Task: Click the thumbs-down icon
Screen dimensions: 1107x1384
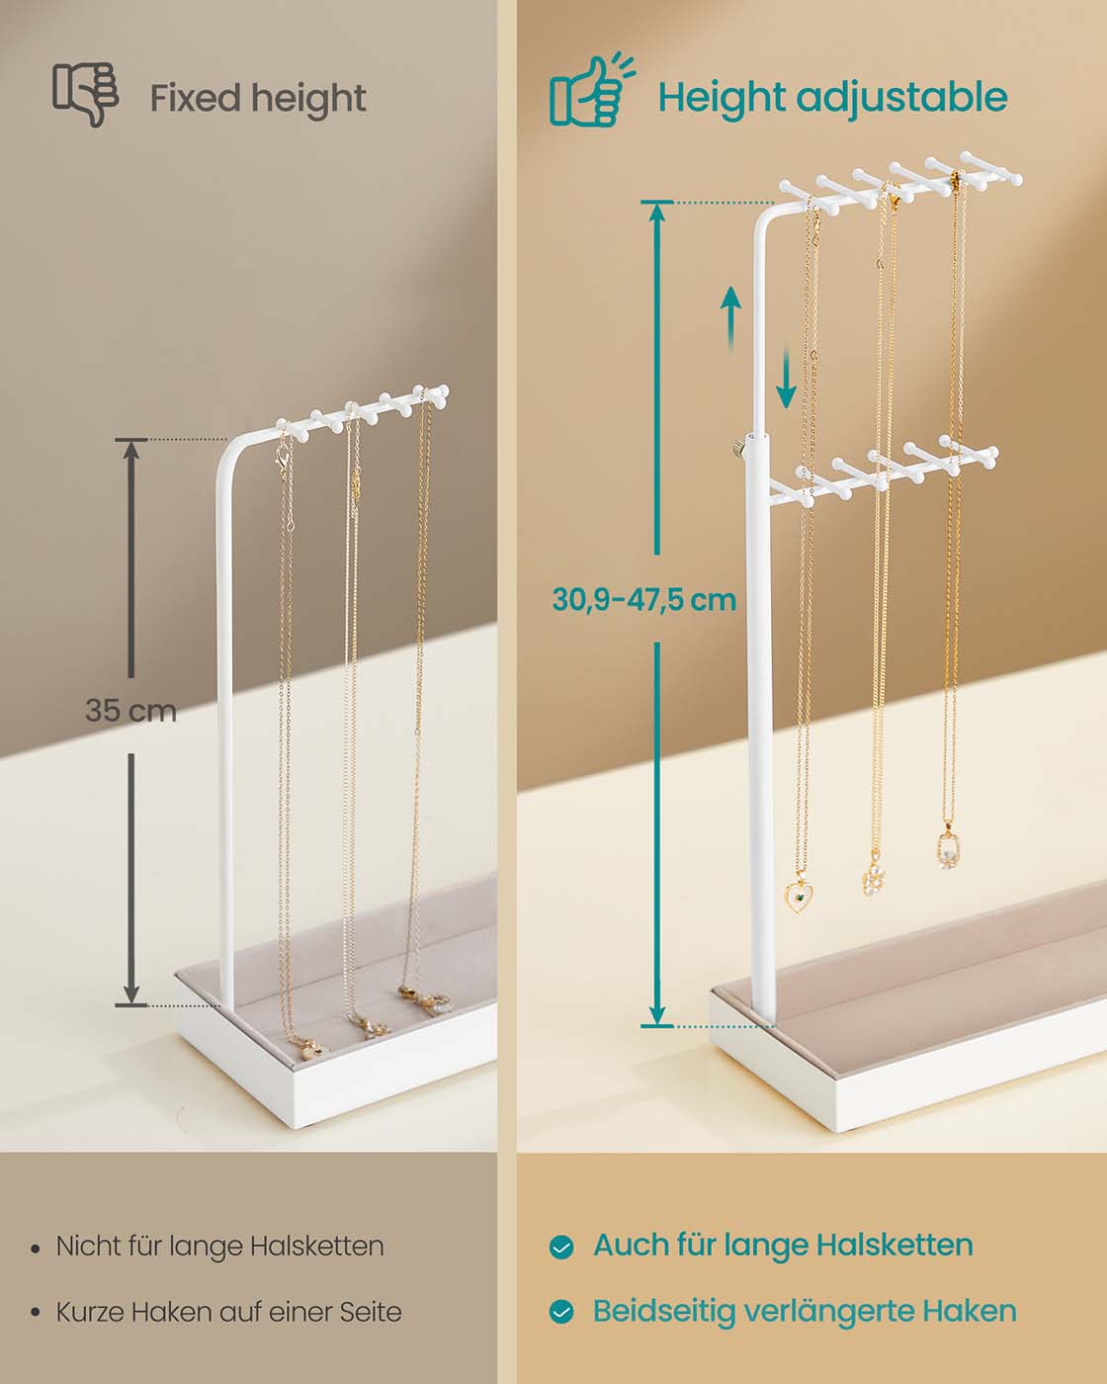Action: pos(86,94)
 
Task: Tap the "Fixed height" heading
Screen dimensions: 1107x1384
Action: pos(258,99)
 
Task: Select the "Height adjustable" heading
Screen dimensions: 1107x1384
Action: pos(832,98)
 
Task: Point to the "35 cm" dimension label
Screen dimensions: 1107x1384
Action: pos(130,711)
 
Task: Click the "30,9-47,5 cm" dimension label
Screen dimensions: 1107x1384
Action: pos(643,600)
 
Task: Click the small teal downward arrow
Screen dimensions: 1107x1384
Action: pos(786,379)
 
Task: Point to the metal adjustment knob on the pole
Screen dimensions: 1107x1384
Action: pos(736,449)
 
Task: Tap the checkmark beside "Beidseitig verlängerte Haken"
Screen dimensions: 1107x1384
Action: pos(561,1312)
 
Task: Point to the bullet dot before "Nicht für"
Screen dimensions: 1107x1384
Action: pos(36,1249)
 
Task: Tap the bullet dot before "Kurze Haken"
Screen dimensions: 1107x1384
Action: pos(36,1313)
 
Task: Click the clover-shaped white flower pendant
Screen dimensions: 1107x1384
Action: pos(875,876)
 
